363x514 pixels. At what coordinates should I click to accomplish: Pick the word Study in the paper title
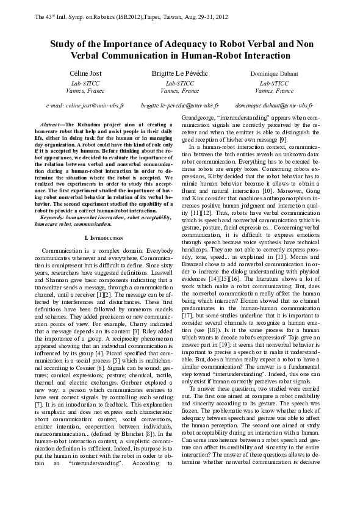tap(63, 44)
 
